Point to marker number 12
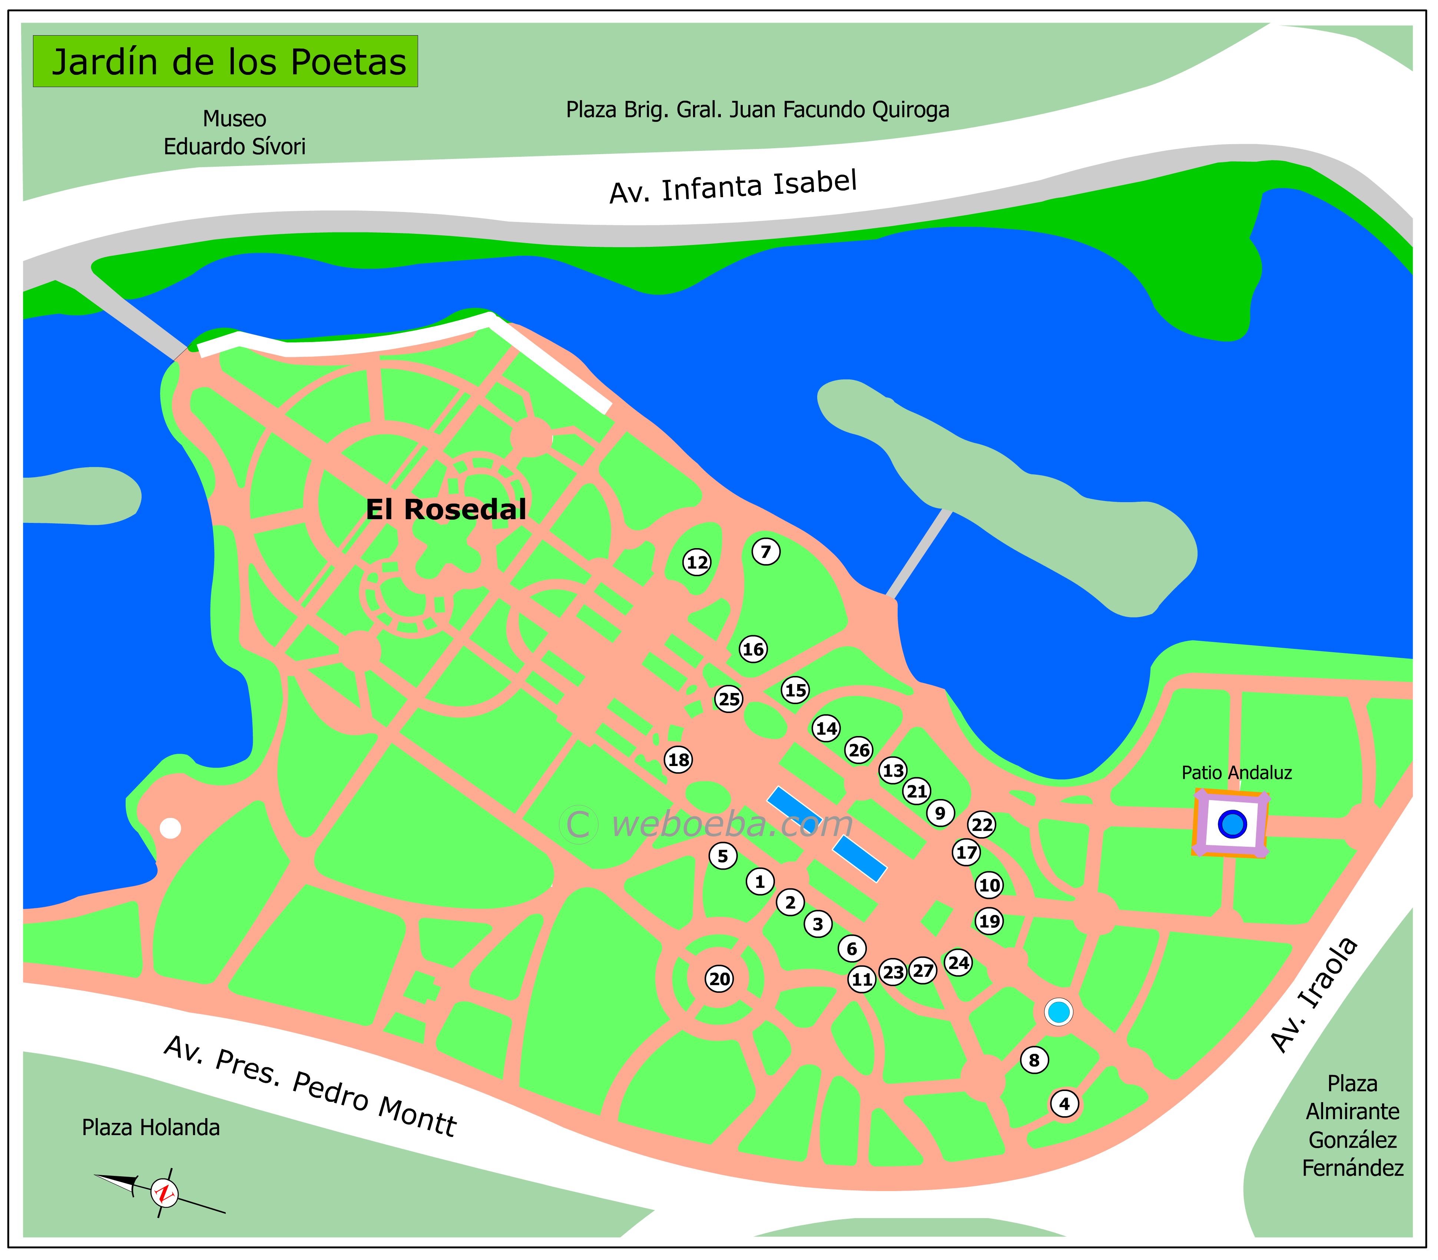point(697,562)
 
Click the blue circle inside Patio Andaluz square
point(1231,823)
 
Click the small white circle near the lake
point(170,828)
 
